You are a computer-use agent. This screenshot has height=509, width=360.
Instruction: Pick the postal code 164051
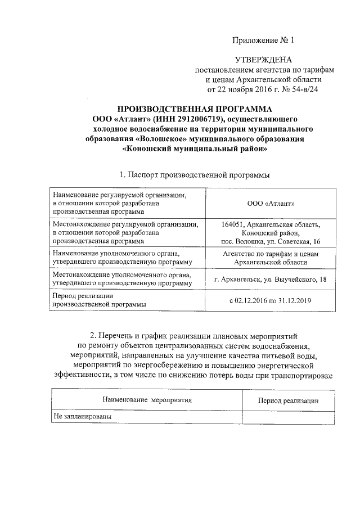[233, 224]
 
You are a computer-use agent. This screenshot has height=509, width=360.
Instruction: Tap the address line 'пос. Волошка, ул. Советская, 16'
[271, 241]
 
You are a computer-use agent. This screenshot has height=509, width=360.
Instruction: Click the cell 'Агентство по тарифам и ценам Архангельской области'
[271, 258]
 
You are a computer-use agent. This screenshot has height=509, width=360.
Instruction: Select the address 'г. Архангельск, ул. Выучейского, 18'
[271, 279]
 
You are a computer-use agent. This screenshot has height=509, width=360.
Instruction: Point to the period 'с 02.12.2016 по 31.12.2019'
[271, 300]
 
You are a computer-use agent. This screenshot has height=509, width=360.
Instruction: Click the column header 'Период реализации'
[289, 400]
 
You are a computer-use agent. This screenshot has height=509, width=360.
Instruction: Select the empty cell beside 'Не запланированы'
[289, 417]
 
